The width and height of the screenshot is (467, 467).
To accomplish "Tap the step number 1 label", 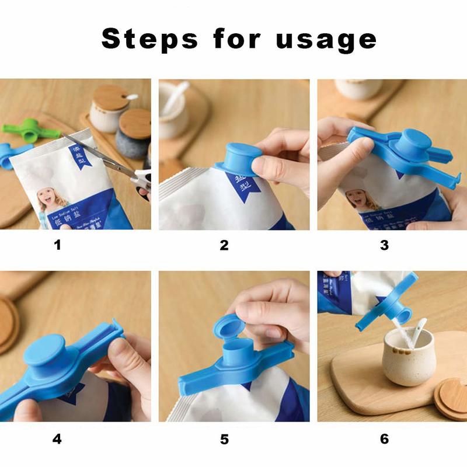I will (57, 245).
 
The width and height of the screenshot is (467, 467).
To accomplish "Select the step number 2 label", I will (224, 245).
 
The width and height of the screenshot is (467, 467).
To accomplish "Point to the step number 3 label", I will (384, 245).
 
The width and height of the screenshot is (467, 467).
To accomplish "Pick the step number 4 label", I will (57, 438).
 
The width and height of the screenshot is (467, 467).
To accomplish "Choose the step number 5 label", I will (224, 438).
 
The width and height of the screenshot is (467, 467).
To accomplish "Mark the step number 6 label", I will (384, 438).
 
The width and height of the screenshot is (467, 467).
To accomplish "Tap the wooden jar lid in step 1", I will (111, 96).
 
